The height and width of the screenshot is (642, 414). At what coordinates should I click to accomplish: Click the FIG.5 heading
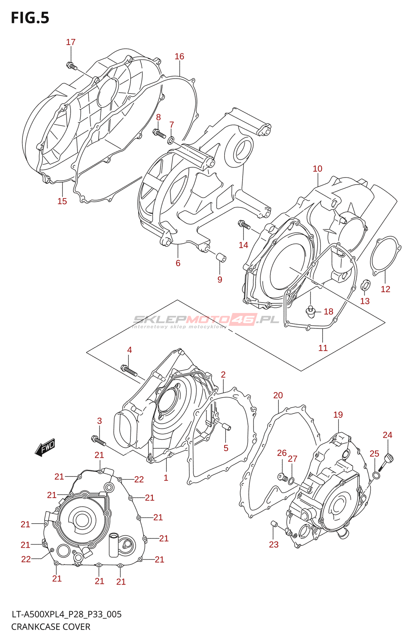pos(30,18)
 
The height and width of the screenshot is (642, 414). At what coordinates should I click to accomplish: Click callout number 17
pos(71,42)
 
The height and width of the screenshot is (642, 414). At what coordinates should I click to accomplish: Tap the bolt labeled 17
pos(71,66)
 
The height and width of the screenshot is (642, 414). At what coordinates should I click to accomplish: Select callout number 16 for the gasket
pos(179,57)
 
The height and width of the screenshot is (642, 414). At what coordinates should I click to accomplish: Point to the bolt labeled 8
pos(159,133)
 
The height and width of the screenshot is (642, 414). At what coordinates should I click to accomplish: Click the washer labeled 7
pos(171,140)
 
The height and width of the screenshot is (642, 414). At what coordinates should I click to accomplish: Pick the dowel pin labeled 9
pos(221,257)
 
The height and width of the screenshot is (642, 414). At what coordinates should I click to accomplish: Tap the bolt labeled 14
pos(244,225)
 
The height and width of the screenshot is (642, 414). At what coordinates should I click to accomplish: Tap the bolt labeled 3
pos(98,441)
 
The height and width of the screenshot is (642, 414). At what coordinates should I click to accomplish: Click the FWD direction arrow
pos(45,447)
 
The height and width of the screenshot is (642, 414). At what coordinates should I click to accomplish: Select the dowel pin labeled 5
pos(227,427)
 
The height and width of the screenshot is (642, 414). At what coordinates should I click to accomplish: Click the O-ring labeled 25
pos(376,476)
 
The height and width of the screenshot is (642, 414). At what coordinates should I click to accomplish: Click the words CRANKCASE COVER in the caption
pos(51,627)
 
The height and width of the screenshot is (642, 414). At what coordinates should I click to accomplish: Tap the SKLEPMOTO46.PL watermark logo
pos(206,320)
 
